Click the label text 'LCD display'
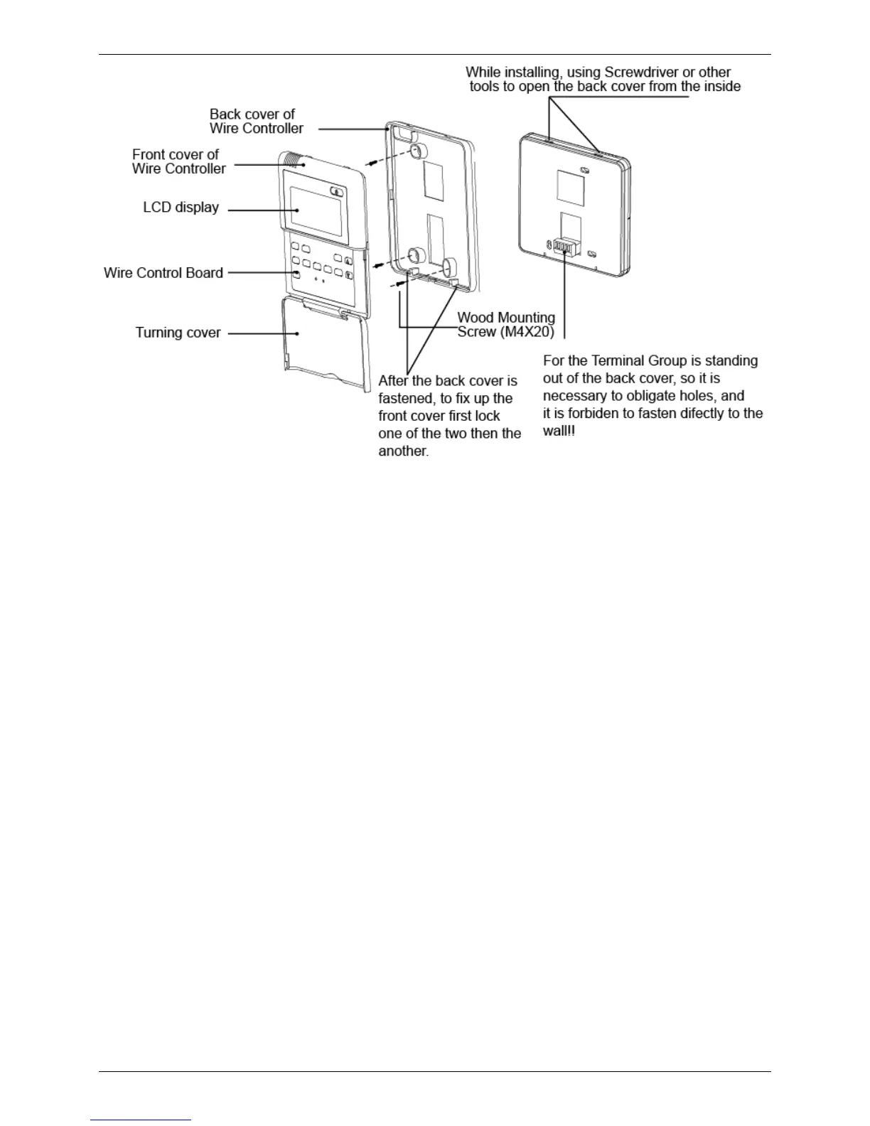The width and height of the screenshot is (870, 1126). (x=181, y=208)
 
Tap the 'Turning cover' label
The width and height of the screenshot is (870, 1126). (x=178, y=333)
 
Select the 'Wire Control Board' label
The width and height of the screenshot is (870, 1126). (x=163, y=273)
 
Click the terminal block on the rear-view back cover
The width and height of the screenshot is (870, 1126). (x=564, y=247)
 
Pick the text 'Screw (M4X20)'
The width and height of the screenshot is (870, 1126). (x=505, y=332)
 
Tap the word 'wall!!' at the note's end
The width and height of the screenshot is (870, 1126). (x=559, y=431)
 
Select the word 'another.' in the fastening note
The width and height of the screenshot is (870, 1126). (x=403, y=451)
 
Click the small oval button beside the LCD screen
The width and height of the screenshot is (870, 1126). (x=337, y=191)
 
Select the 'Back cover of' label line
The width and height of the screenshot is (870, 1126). (x=252, y=114)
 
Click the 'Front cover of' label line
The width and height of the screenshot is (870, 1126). (x=176, y=154)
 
